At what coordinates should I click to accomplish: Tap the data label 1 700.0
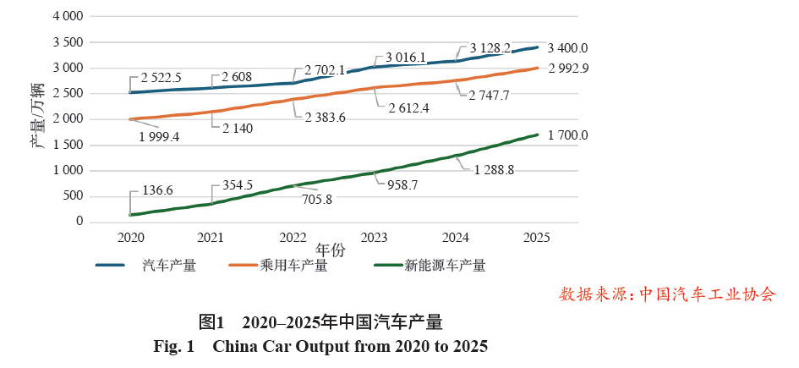pos(567,135)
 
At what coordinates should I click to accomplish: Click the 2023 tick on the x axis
pos(374,237)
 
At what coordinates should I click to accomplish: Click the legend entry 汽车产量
pos(169,266)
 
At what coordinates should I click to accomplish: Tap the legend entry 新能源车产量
pos(445,266)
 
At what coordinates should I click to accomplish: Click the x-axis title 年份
pos(330,250)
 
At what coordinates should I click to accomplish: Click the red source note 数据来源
pos(666,294)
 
